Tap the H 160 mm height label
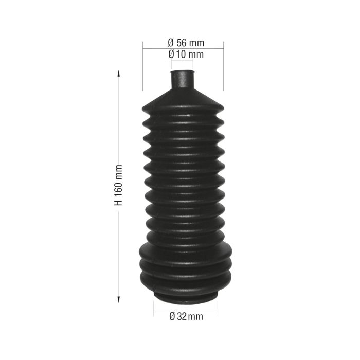tap(119, 185)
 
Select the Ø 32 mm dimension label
tap(186, 317)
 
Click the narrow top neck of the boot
tap(182, 80)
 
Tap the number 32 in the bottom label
tap(182, 317)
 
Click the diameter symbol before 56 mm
tap(171, 42)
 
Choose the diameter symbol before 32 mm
tap(172, 317)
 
